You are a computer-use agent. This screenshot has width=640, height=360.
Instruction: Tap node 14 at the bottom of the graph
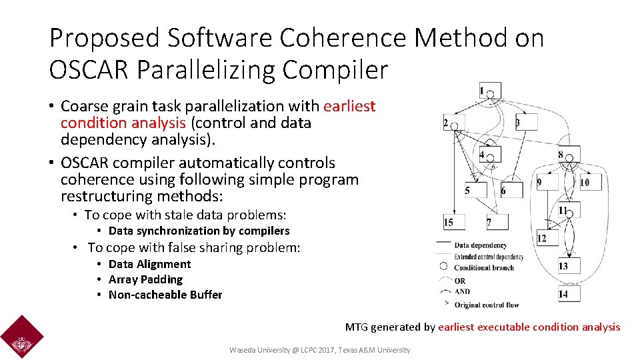point(568,293)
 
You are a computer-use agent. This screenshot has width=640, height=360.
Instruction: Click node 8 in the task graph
point(569,154)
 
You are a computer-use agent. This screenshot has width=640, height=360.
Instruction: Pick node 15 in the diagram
point(453,221)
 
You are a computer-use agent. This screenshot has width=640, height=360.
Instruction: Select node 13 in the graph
point(569,265)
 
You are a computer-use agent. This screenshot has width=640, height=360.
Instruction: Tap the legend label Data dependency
point(480,245)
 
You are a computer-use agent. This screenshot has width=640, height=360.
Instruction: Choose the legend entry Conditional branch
point(483,268)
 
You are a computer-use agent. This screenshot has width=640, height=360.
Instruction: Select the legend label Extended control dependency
point(488,257)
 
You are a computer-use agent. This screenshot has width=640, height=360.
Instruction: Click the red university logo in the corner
point(22,337)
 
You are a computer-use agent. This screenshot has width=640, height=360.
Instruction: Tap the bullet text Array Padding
point(145,279)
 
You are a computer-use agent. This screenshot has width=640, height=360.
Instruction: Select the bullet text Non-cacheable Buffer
point(165,295)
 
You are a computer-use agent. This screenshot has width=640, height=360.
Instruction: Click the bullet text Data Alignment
point(149,264)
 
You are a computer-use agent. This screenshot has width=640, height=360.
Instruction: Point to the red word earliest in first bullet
point(349,106)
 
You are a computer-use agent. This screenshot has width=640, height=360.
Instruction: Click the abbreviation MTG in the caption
point(356,327)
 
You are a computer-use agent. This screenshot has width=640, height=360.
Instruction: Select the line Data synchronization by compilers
point(199,231)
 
